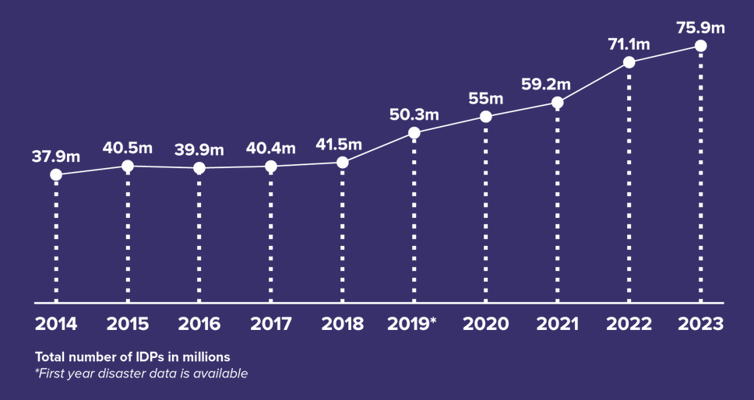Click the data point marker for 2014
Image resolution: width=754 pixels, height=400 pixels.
(56, 174)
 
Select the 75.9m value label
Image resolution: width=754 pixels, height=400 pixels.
(700, 29)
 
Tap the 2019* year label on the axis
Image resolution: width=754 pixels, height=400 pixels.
(413, 324)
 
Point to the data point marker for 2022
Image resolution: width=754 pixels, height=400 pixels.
(629, 61)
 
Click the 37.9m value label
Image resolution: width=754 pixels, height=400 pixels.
(56, 156)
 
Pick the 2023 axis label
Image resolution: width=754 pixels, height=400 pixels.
(700, 324)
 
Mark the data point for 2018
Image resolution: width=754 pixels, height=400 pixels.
(342, 162)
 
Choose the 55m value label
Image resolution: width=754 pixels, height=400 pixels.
(485, 99)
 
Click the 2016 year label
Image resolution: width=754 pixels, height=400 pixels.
(199, 324)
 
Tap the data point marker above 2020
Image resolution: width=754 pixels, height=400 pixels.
(485, 116)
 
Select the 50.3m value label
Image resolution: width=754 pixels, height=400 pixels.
(414, 115)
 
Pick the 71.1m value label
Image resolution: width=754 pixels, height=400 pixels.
(629, 44)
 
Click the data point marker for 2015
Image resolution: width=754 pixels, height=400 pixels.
(128, 166)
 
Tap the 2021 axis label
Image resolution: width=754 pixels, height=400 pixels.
(556, 324)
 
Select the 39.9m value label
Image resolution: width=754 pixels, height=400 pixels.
(199, 149)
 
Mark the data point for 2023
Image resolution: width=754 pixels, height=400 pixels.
(700, 46)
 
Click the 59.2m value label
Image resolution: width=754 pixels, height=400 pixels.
(557, 84)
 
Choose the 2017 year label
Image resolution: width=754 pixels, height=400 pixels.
(270, 324)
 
